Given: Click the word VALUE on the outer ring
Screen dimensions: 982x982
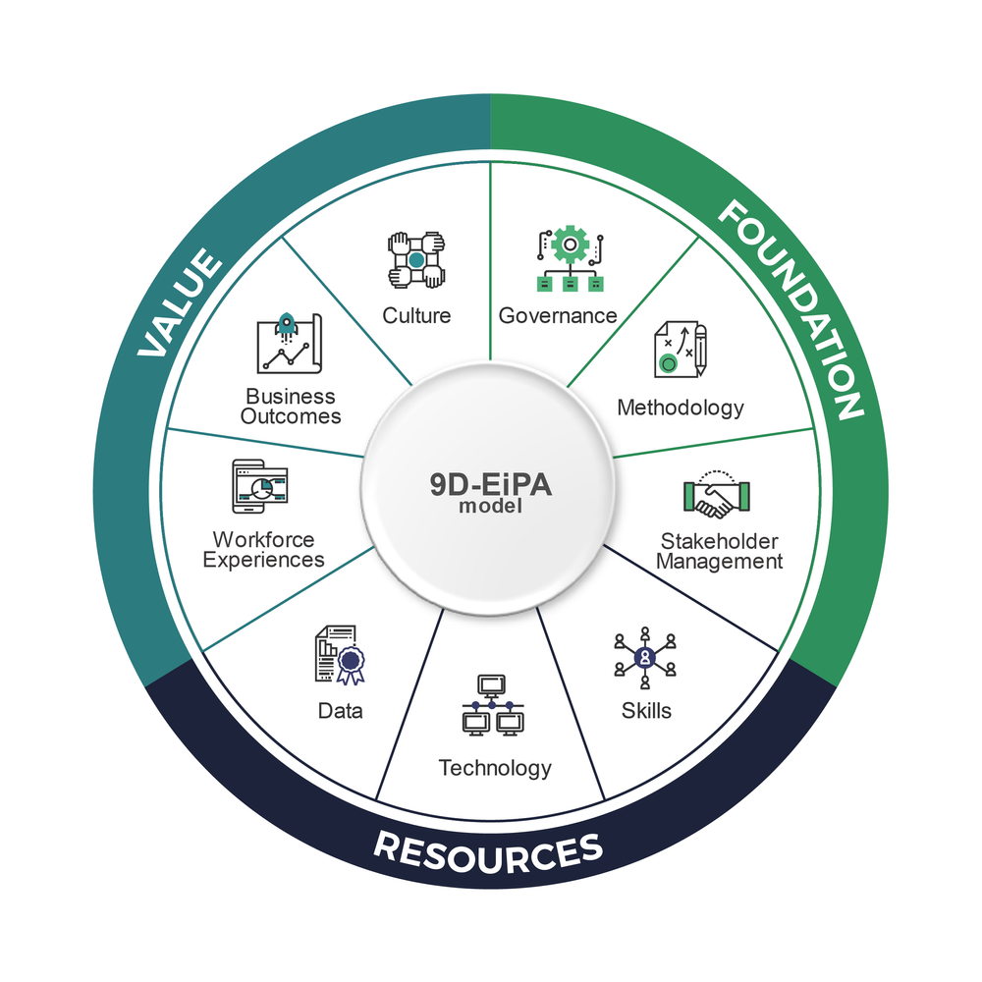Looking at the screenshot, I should (180, 305).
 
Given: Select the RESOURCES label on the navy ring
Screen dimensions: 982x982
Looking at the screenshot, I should (488, 851).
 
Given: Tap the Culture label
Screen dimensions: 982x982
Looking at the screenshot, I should (416, 315).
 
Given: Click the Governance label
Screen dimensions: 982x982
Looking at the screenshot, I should (558, 315).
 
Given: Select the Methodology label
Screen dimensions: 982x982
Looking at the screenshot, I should (681, 407).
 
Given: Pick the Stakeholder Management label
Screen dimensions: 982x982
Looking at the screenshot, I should (720, 551).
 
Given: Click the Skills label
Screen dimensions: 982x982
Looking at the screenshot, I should (646, 710).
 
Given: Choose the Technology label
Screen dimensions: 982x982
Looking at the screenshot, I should (495, 767).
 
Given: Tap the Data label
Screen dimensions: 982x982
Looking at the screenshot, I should (340, 710).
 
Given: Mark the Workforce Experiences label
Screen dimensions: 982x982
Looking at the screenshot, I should (263, 550).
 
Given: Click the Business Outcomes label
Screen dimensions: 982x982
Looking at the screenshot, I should (292, 406).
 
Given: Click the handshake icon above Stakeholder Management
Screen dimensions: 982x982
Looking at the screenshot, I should (716, 497).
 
